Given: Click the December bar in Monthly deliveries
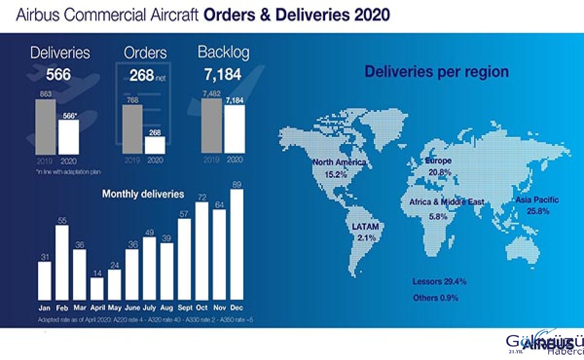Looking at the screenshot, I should (x=237, y=244).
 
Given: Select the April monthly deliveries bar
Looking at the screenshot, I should (x=97, y=288).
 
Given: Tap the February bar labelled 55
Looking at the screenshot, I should (x=62, y=263).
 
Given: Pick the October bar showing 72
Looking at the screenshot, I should (x=201, y=251).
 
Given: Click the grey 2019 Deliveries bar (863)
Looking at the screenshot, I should (x=45, y=127).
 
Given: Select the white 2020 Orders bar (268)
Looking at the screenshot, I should (x=155, y=145).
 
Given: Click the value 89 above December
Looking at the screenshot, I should (x=237, y=184).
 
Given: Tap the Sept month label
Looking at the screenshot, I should (x=184, y=307).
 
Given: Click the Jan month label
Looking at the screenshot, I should (x=44, y=307).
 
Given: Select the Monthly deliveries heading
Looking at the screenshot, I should (x=143, y=194).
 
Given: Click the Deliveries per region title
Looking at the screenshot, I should (x=437, y=72).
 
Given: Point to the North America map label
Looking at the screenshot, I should (x=339, y=162).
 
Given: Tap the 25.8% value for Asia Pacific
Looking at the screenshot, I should (x=538, y=211).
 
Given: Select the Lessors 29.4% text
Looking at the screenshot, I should (x=439, y=282).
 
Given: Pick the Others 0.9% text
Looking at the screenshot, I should (x=435, y=298).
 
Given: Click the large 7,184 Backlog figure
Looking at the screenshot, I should (x=222, y=75).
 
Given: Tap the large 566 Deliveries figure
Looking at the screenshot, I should (x=58, y=75).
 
